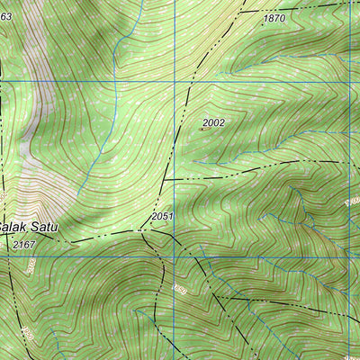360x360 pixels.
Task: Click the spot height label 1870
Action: [274, 19]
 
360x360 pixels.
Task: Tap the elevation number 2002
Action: [213, 122]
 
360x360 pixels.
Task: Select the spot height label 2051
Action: [162, 217]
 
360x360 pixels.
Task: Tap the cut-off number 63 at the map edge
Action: [5, 16]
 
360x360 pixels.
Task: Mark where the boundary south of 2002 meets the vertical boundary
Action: [166, 179]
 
